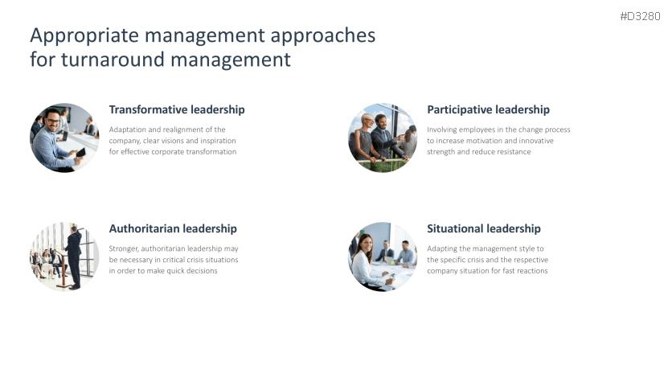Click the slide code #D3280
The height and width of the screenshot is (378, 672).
click(x=640, y=16)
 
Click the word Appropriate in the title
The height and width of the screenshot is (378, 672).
click(x=84, y=36)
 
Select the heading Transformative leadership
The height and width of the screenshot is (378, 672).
click(x=177, y=109)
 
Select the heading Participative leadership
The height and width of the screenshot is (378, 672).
click(x=488, y=110)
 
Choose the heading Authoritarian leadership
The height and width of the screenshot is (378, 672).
click(x=173, y=229)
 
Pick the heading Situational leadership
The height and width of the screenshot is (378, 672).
click(x=484, y=229)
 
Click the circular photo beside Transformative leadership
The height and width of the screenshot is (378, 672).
click(x=64, y=138)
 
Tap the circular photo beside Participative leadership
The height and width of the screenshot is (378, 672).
click(x=383, y=138)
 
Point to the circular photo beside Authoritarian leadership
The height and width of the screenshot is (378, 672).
click(x=64, y=257)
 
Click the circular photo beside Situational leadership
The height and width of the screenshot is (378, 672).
click(x=383, y=257)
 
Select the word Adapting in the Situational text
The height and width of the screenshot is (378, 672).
click(x=442, y=249)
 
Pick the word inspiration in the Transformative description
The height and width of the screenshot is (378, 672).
click(x=218, y=141)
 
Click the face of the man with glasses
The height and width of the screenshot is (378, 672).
click(x=53, y=121)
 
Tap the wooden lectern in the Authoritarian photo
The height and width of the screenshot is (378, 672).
click(x=64, y=269)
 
